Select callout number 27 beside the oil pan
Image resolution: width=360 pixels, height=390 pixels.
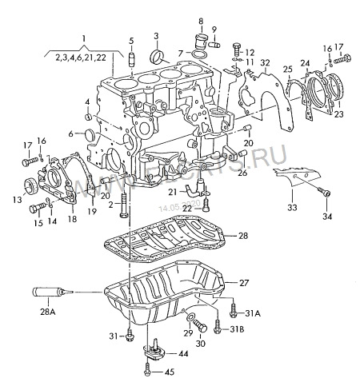244,283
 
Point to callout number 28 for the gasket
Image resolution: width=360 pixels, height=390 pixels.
242,235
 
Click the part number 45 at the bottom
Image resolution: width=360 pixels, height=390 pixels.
170,372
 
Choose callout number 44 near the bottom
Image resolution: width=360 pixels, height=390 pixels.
183,353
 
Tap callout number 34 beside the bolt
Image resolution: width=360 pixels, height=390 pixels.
326,216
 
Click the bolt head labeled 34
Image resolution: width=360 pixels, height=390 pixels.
325,193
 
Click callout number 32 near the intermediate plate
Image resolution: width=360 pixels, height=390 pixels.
265,62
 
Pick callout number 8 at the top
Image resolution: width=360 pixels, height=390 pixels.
201,20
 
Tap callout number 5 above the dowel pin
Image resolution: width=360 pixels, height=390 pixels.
131,40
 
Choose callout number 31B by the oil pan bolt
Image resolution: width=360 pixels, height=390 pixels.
237,328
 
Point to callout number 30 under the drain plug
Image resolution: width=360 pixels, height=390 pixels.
199,344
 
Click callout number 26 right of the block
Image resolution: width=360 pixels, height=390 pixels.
242,173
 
